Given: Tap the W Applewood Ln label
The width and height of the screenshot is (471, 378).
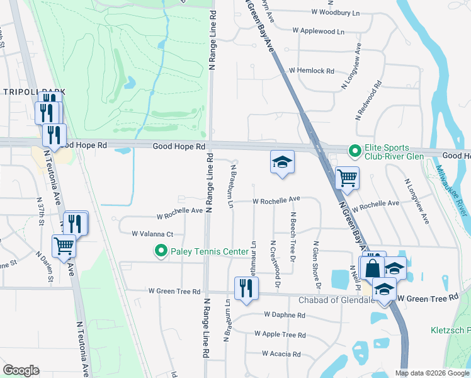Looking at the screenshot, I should [x=319, y=31].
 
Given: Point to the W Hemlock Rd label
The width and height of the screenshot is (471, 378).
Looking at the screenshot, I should [x=311, y=71].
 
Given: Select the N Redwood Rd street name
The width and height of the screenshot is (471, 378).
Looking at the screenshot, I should [x=368, y=100].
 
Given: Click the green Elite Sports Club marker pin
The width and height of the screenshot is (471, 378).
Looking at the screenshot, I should [x=355, y=151].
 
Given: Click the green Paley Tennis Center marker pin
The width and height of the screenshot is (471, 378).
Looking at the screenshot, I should [x=161, y=252].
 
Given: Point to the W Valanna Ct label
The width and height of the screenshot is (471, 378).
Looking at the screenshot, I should [x=152, y=234].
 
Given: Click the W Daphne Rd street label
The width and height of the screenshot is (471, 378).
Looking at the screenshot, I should [x=285, y=314].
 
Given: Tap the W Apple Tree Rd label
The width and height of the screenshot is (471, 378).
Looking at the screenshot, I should [x=280, y=335].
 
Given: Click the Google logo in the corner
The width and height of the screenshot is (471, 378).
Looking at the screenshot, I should [x=21, y=370].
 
